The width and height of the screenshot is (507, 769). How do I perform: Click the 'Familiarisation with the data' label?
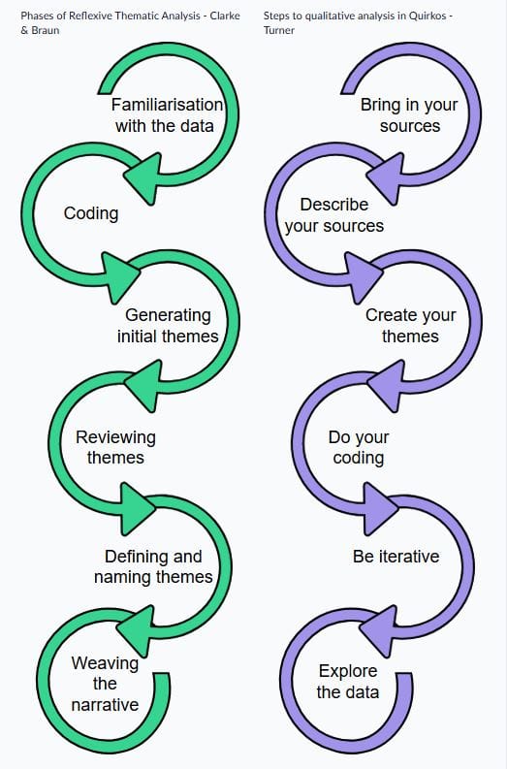point(167,115)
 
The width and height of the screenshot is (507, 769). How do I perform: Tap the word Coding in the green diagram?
point(91,213)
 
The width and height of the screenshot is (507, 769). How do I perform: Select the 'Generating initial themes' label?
point(168,326)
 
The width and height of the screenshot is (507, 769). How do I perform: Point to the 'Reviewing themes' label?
point(115,447)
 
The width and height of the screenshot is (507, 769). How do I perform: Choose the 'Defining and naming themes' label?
point(153,566)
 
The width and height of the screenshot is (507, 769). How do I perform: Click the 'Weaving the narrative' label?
point(105,684)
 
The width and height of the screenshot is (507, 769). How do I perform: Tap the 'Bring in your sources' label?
point(409,115)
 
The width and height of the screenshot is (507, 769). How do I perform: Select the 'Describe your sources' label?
point(334,215)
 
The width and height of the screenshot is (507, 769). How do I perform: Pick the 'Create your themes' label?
point(410,326)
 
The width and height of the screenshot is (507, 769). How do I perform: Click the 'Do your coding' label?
point(359,447)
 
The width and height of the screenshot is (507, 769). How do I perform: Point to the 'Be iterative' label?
point(396,557)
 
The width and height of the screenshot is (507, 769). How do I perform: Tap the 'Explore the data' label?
point(348,682)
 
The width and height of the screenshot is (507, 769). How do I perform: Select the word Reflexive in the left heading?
point(91,16)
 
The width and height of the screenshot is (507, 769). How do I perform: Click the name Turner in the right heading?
point(279,30)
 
